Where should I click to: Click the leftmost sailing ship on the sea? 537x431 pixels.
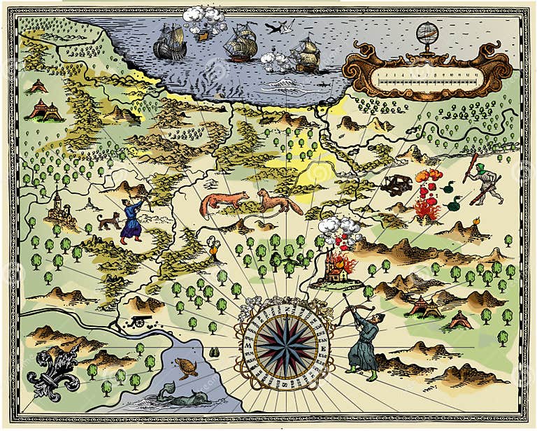[169, 45]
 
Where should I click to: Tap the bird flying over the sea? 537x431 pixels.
[279, 28]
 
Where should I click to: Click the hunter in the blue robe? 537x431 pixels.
[133, 218]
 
